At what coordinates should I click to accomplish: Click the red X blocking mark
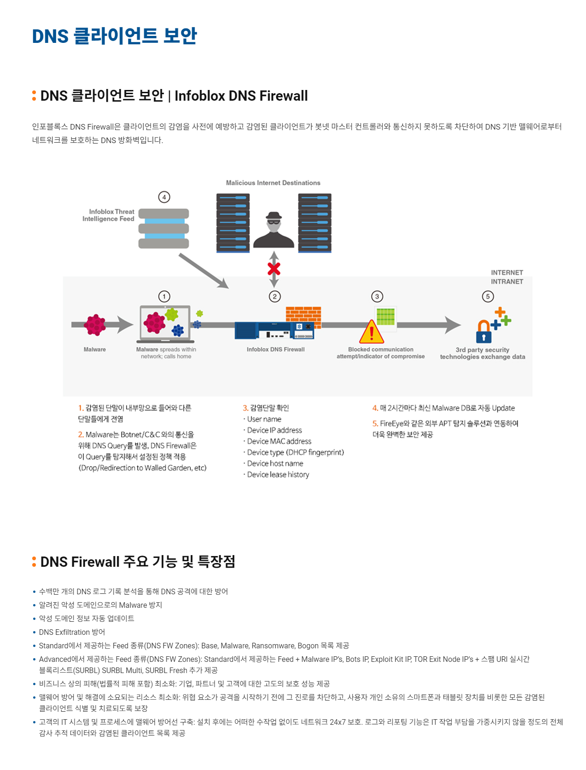click(274, 269)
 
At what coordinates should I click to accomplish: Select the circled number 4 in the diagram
click(164, 197)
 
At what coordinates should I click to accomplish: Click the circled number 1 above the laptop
click(164, 296)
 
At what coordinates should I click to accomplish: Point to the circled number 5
click(488, 296)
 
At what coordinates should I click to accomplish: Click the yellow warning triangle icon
click(371, 332)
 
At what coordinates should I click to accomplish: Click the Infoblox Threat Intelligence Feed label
click(108, 215)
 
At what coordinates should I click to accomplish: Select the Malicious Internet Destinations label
click(273, 183)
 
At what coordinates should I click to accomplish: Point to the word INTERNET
click(507, 273)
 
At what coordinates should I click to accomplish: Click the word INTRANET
click(507, 282)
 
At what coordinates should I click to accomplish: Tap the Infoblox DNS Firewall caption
click(275, 350)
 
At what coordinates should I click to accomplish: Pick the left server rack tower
click(233, 223)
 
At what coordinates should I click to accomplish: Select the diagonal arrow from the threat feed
click(203, 270)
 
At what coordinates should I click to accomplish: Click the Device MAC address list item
click(279, 441)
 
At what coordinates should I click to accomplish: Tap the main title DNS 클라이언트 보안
click(114, 36)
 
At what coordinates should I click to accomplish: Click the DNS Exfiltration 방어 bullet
click(72, 632)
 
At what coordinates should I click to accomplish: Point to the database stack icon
click(164, 228)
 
